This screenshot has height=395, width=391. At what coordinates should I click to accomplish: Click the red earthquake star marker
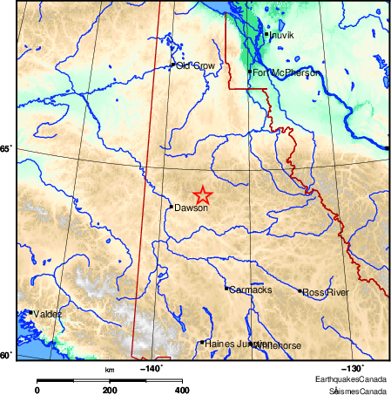(202, 196)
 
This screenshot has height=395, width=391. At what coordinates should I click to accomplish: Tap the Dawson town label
(191, 208)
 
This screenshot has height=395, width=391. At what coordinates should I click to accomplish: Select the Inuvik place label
(282, 36)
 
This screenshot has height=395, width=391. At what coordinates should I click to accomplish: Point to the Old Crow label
(195, 65)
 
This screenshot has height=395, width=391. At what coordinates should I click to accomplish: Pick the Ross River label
(325, 292)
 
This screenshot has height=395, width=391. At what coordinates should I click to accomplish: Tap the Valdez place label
(48, 314)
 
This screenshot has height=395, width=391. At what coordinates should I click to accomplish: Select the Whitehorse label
(278, 346)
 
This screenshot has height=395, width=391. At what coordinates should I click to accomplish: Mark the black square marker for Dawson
(172, 207)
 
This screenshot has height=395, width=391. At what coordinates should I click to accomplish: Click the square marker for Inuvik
(266, 34)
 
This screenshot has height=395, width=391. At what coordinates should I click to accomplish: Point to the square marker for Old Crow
(172, 65)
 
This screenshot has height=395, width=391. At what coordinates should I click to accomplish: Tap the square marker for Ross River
(300, 291)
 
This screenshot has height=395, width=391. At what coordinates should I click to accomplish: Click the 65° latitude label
(4, 149)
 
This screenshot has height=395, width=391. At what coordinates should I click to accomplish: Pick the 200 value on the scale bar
(110, 389)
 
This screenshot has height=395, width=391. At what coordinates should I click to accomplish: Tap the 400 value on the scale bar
(182, 389)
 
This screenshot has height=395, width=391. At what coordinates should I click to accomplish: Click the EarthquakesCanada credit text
(352, 381)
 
